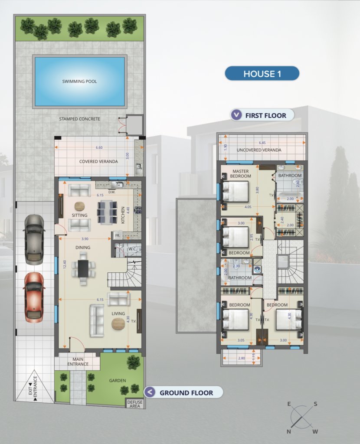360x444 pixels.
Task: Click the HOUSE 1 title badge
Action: pyautogui.click(x=262, y=74)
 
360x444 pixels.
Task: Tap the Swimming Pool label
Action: pyautogui.click(x=80, y=82)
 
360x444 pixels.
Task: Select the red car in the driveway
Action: pyautogui.click(x=34, y=297)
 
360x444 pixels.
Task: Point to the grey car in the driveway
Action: pyautogui.click(x=34, y=239)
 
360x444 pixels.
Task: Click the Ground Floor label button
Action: pyautogui.click(x=183, y=393)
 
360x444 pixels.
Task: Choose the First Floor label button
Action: pyautogui.click(x=262, y=115)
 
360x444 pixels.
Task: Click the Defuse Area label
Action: pyautogui.click(x=135, y=404)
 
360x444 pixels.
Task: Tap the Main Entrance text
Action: pyautogui.click(x=78, y=362)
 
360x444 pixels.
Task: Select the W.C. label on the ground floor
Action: pyautogui.click(x=133, y=249)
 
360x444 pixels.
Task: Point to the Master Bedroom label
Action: pyautogui.click(x=240, y=173)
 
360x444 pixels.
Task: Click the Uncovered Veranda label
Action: pyautogui.click(x=259, y=150)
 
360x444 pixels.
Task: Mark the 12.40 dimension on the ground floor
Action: pyautogui.click(x=65, y=265)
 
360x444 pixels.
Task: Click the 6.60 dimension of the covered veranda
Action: pyautogui.click(x=99, y=147)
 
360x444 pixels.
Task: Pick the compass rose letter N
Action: pyautogui.click(x=288, y=431)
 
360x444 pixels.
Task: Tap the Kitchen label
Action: pyautogui.click(x=123, y=215)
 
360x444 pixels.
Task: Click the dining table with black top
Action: pyautogui.click(x=83, y=268)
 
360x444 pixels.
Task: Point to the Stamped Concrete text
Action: pyautogui.click(x=80, y=119)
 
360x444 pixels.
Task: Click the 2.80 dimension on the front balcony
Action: pyautogui.click(x=241, y=358)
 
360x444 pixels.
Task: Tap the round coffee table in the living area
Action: pyautogui.click(x=118, y=324)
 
